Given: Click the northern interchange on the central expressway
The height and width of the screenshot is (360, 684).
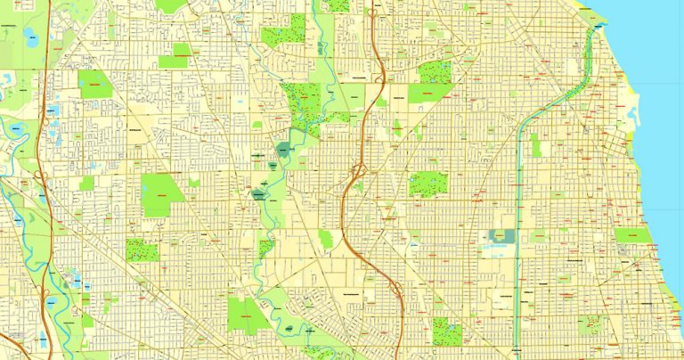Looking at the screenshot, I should click(x=359, y=169).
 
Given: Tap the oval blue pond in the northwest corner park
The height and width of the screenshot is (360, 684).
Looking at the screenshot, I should click(x=30, y=37).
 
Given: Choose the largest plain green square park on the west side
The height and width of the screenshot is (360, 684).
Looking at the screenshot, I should click(x=161, y=194).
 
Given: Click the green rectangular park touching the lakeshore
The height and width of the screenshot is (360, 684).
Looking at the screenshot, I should click(x=631, y=235).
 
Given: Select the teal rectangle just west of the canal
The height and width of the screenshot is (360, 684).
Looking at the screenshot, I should click(x=501, y=236).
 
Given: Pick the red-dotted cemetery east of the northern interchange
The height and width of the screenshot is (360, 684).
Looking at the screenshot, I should click(x=427, y=184).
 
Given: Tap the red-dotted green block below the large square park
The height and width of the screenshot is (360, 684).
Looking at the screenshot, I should click(x=142, y=250).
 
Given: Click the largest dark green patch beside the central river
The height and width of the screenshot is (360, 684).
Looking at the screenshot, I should click(x=282, y=150).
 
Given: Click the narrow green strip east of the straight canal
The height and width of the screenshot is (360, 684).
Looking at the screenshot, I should click(x=535, y=146).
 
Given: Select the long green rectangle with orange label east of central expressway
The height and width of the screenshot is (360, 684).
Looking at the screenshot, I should click(x=426, y=93).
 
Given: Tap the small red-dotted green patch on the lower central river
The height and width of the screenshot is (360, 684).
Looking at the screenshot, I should click(x=265, y=247).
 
